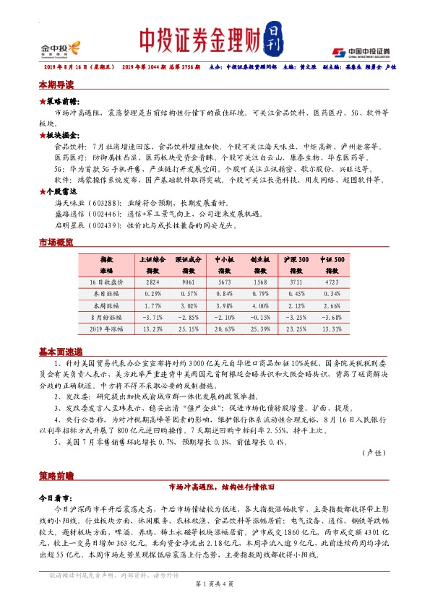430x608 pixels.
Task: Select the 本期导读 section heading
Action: click(56, 85)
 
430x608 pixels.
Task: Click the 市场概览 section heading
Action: click(56, 243)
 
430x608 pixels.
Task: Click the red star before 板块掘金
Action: click(43, 135)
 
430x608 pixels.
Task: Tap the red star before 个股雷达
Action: click(43, 191)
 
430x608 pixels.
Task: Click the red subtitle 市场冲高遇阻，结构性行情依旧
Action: click(215, 487)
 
